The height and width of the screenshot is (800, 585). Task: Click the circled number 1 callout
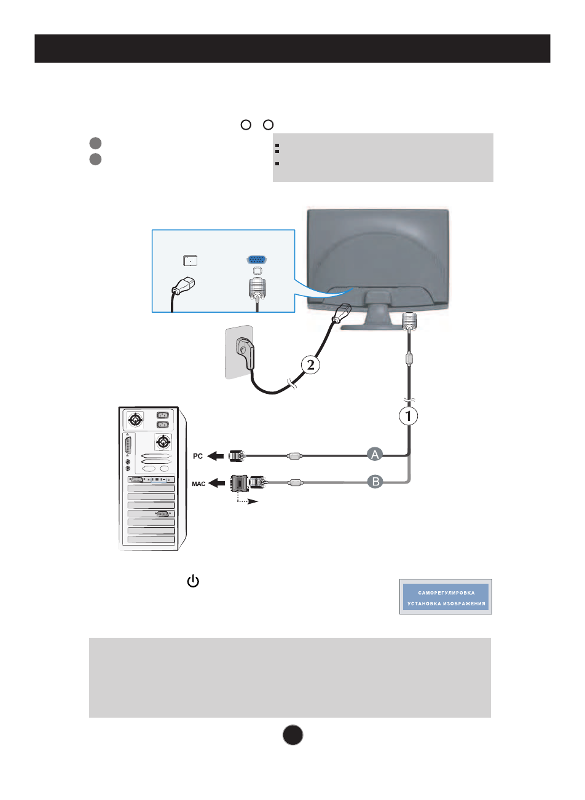point(409,416)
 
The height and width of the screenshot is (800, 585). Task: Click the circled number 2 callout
point(310,365)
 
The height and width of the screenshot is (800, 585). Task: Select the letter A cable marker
point(375,455)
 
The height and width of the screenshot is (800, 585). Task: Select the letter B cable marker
point(375,482)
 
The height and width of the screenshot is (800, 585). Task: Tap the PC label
point(198,457)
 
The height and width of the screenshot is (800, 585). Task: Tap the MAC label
point(198,484)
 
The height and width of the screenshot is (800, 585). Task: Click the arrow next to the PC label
point(216,456)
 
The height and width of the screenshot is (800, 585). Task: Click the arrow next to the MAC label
point(216,484)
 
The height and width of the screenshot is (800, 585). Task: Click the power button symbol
point(193,581)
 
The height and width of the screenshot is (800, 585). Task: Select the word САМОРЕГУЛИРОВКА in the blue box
point(446,593)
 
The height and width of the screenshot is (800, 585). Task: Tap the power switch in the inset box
point(190,261)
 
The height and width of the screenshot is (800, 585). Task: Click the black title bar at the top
point(292,49)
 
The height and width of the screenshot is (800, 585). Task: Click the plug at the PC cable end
point(236,456)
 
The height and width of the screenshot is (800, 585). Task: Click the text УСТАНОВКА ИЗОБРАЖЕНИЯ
point(446,603)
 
